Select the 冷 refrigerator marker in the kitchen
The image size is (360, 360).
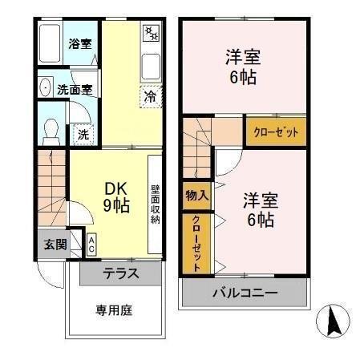coord(150,97)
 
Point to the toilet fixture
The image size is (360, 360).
coord(51,128)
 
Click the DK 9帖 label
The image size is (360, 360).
coord(117,197)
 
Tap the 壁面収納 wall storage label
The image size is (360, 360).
coord(155,204)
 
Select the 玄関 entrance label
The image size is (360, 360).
coord(54,244)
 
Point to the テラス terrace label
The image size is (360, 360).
coord(120,273)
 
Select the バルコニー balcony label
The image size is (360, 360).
coord(245,293)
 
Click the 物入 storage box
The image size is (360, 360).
coord(196,194)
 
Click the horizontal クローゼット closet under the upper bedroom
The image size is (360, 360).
coord(275,132)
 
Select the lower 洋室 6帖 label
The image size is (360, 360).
coord(259,209)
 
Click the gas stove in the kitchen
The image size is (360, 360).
coord(151,34)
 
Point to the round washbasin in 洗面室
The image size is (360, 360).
coord(45,89)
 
